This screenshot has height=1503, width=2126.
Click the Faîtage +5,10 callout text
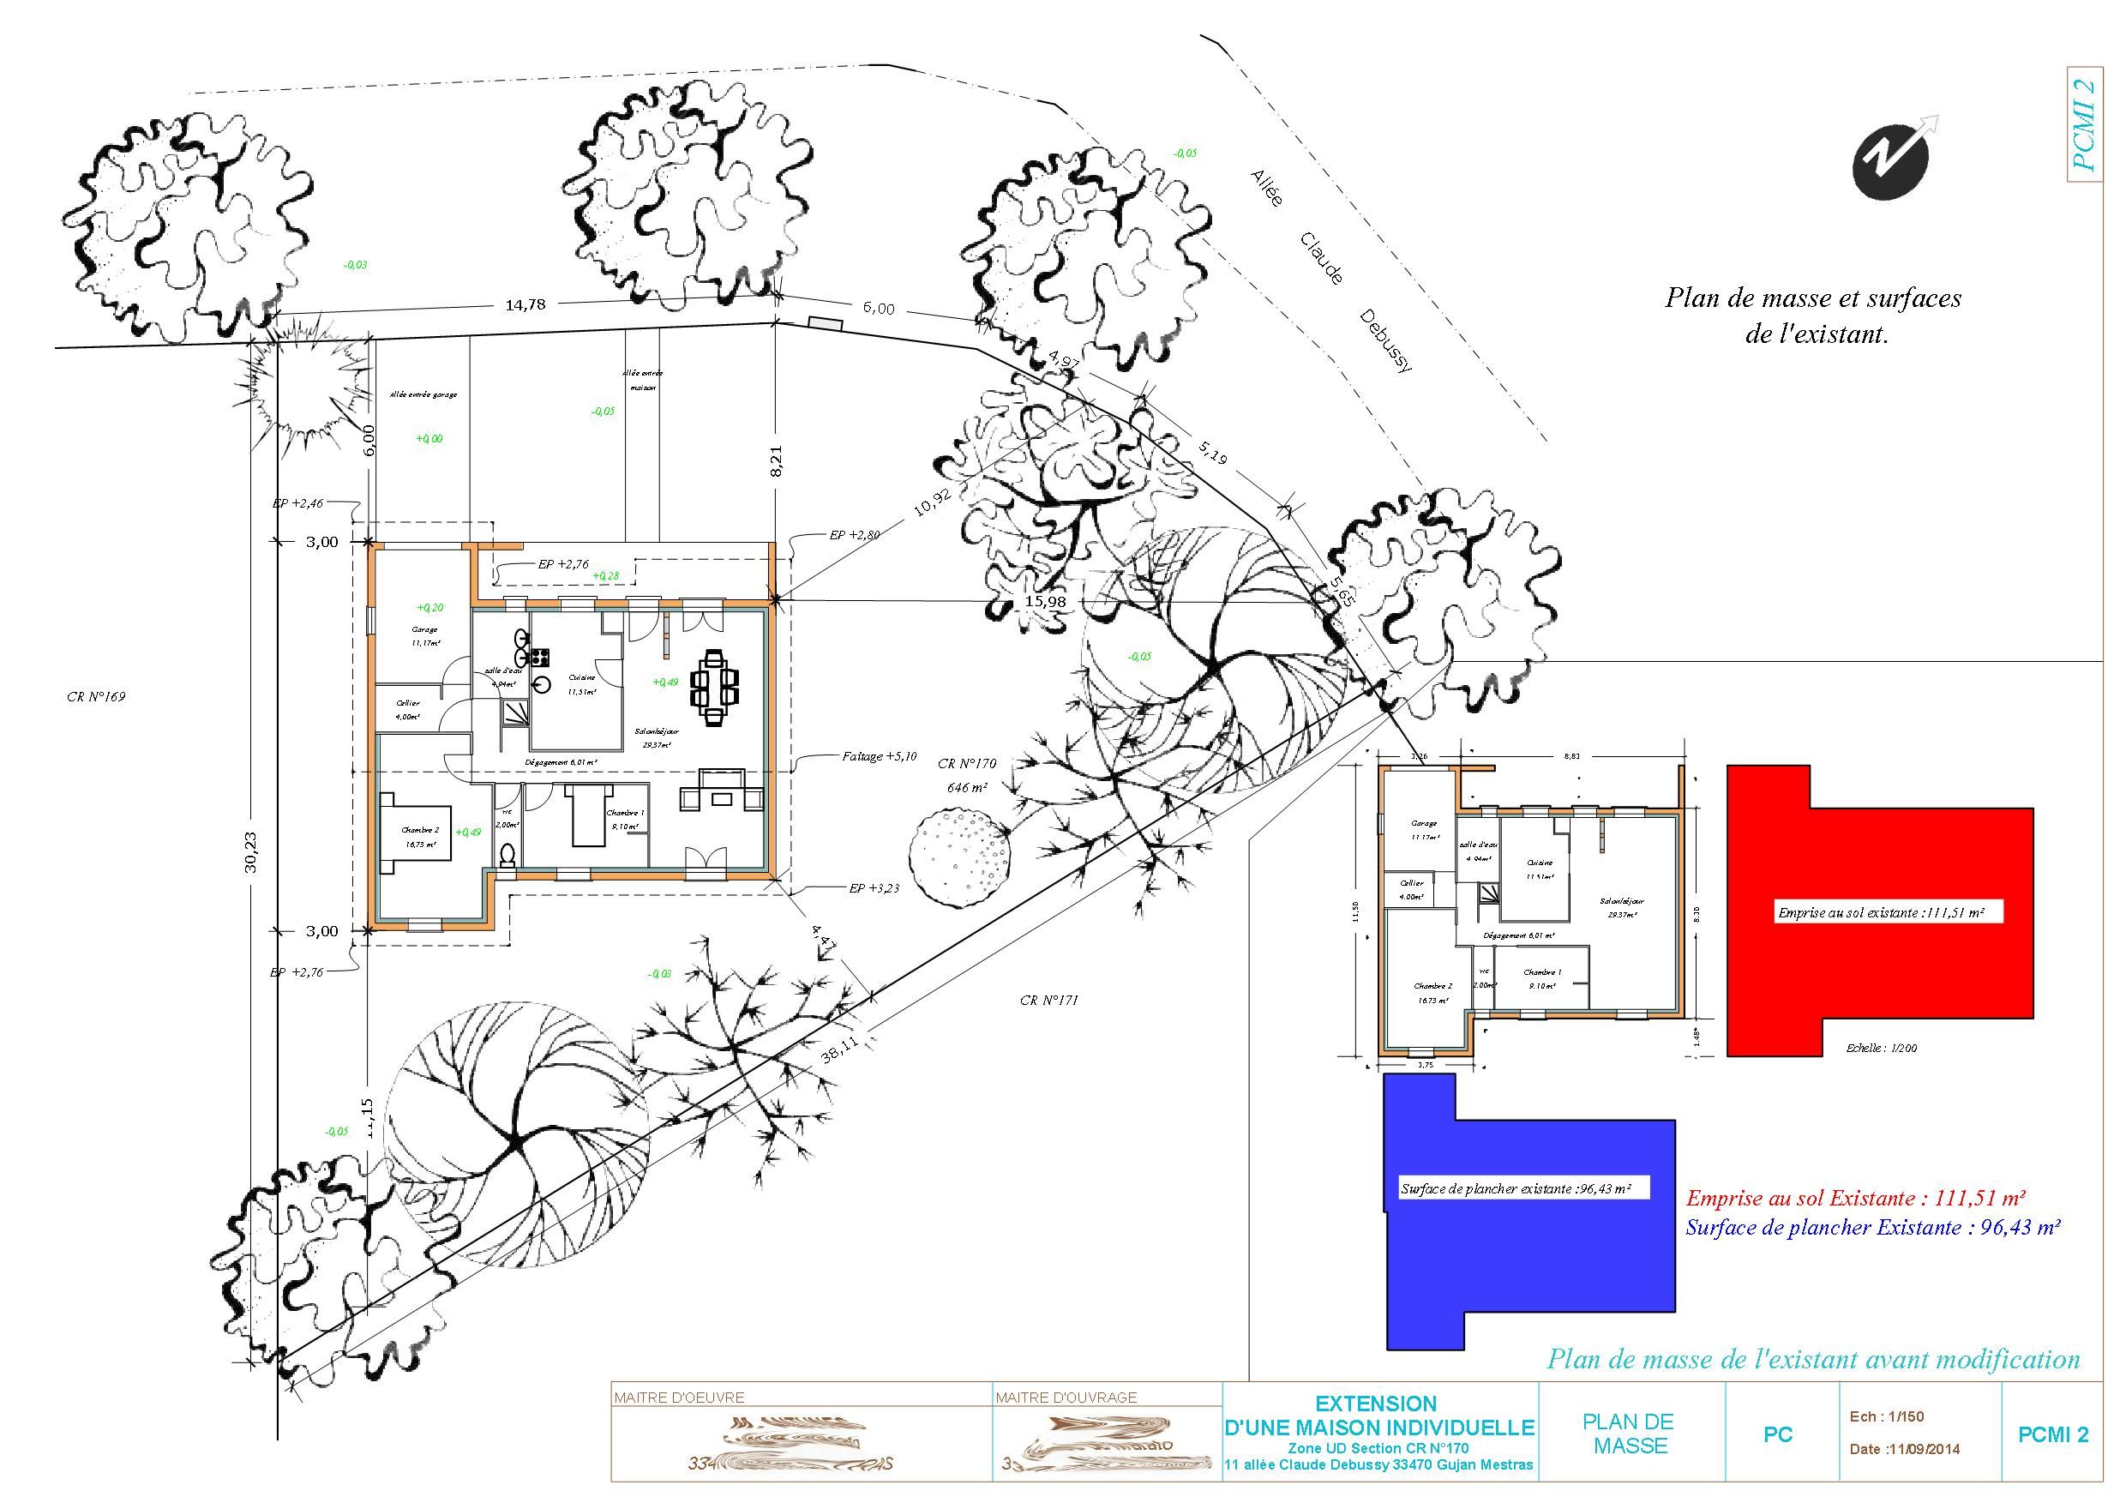coord(879,755)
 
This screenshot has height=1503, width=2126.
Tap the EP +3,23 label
coord(874,888)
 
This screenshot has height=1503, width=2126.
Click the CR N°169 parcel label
coord(95,696)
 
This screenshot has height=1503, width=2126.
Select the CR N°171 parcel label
coord(1049,1001)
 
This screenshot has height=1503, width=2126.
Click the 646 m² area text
coord(967,787)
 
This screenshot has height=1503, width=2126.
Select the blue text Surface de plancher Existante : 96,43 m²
coord(1872,1228)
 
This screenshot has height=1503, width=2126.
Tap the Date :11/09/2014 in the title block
coord(1905,1449)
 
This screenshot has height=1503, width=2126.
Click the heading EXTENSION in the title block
coord(1376,1403)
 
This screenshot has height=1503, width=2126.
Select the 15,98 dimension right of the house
coord(1045,601)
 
